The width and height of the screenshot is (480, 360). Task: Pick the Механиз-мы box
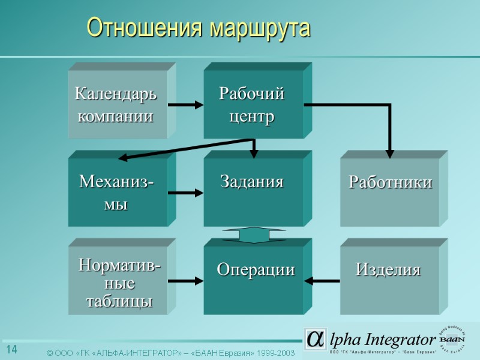point(116,192)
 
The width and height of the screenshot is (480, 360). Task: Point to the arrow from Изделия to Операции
point(325,280)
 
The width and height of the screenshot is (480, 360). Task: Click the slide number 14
point(11,350)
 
